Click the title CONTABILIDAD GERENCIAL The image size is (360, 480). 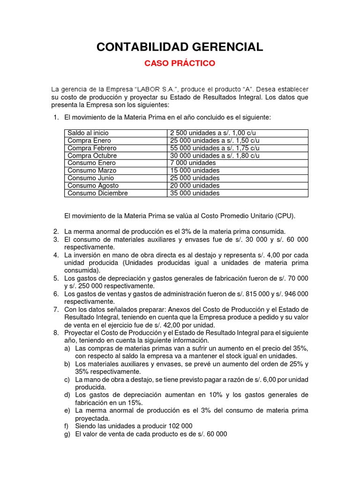coord(180,46)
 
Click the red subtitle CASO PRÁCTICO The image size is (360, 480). coord(180,63)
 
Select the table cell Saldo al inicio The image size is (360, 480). coord(88,133)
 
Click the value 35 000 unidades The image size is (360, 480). coord(195,193)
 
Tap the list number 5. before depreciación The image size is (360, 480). coord(56,278)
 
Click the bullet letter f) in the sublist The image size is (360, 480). coord(67,426)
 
